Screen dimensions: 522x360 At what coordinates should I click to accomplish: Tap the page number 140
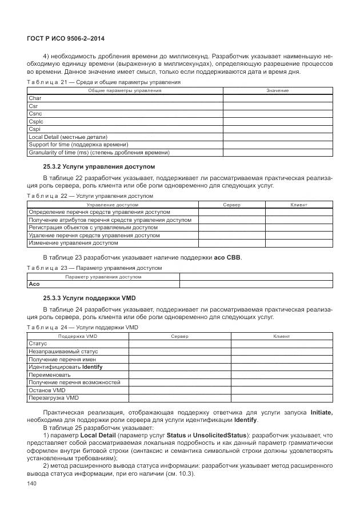pos(32,484)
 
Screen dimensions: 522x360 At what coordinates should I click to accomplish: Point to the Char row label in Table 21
pos(35,98)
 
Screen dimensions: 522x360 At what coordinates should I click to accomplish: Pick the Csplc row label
pos(36,121)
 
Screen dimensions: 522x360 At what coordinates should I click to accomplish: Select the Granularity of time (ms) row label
pos(99,153)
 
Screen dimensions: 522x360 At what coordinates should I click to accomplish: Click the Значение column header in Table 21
pos(277,91)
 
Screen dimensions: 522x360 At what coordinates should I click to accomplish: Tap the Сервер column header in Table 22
pos(231,204)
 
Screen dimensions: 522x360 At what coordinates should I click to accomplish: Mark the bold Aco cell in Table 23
pos(34,284)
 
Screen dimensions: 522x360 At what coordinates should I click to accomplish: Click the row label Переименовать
pos(50,374)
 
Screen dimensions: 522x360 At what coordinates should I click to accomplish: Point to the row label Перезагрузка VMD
pos(53,397)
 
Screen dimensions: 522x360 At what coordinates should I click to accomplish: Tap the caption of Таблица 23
pos(95,268)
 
